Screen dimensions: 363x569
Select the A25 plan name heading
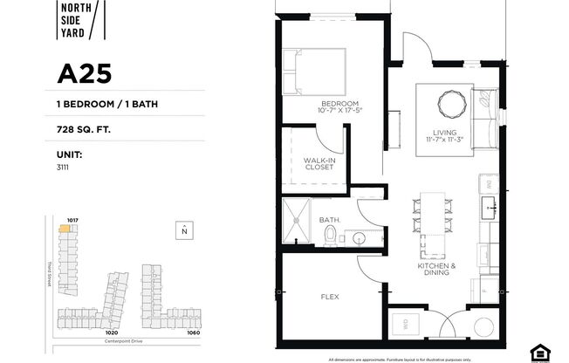86,73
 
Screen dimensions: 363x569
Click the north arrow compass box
184,230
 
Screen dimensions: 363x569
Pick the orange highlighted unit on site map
65,229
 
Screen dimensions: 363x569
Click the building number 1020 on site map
111,332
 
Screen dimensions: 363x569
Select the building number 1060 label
194,332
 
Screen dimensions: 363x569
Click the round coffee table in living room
453,102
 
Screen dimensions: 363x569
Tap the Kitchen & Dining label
434,270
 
